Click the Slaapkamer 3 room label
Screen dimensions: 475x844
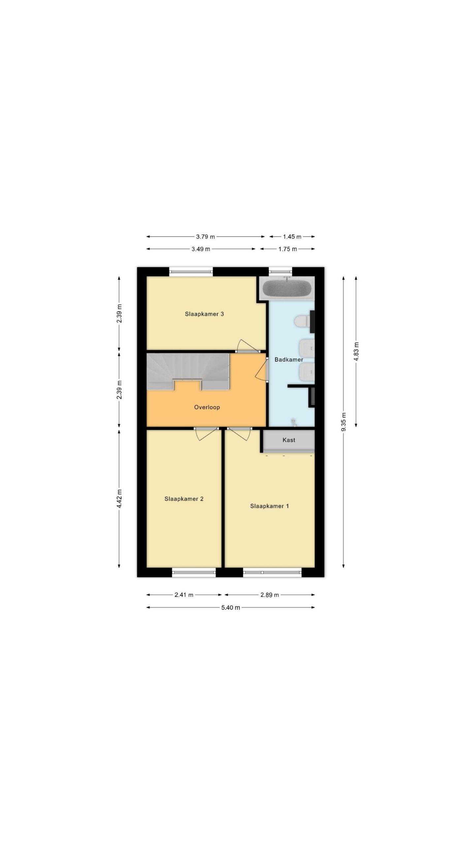pyautogui.click(x=204, y=314)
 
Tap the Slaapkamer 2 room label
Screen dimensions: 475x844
pyautogui.click(x=184, y=499)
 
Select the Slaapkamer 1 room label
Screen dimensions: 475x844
pyautogui.click(x=269, y=506)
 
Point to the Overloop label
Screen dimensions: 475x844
pyautogui.click(x=207, y=407)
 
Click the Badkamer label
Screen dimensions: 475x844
pyautogui.click(x=289, y=360)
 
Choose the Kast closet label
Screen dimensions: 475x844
pyautogui.click(x=289, y=440)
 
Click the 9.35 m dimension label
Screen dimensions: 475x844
pyautogui.click(x=343, y=422)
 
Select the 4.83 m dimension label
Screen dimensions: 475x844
pyautogui.click(x=356, y=351)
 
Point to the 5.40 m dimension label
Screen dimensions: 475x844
pyautogui.click(x=231, y=608)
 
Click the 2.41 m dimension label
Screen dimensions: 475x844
pyautogui.click(x=184, y=595)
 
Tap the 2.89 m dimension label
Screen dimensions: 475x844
pyautogui.click(x=269, y=595)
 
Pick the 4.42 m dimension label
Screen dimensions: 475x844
pyautogui.click(x=119, y=498)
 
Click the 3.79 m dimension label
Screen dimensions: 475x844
pyautogui.click(x=205, y=236)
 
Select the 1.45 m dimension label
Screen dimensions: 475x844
pyautogui.click(x=292, y=236)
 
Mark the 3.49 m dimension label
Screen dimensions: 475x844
pyautogui.click(x=201, y=249)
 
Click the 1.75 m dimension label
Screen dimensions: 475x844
pyautogui.click(x=288, y=249)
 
